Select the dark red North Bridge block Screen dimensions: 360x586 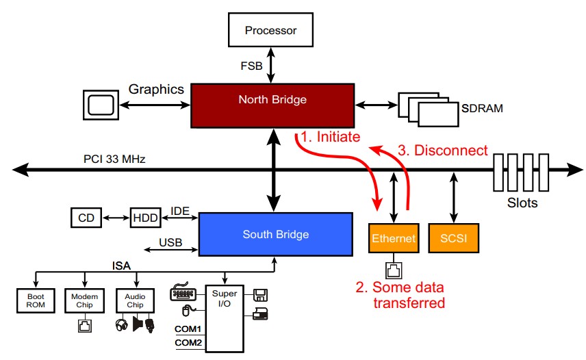point(272,100)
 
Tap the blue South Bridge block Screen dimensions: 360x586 point(275,235)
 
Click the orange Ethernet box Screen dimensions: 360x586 point(393,239)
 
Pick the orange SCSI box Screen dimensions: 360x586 point(453,239)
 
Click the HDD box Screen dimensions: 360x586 point(144,218)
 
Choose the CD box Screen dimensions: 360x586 point(86,218)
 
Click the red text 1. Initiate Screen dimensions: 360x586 point(331,137)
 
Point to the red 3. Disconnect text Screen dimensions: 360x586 point(444,151)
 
